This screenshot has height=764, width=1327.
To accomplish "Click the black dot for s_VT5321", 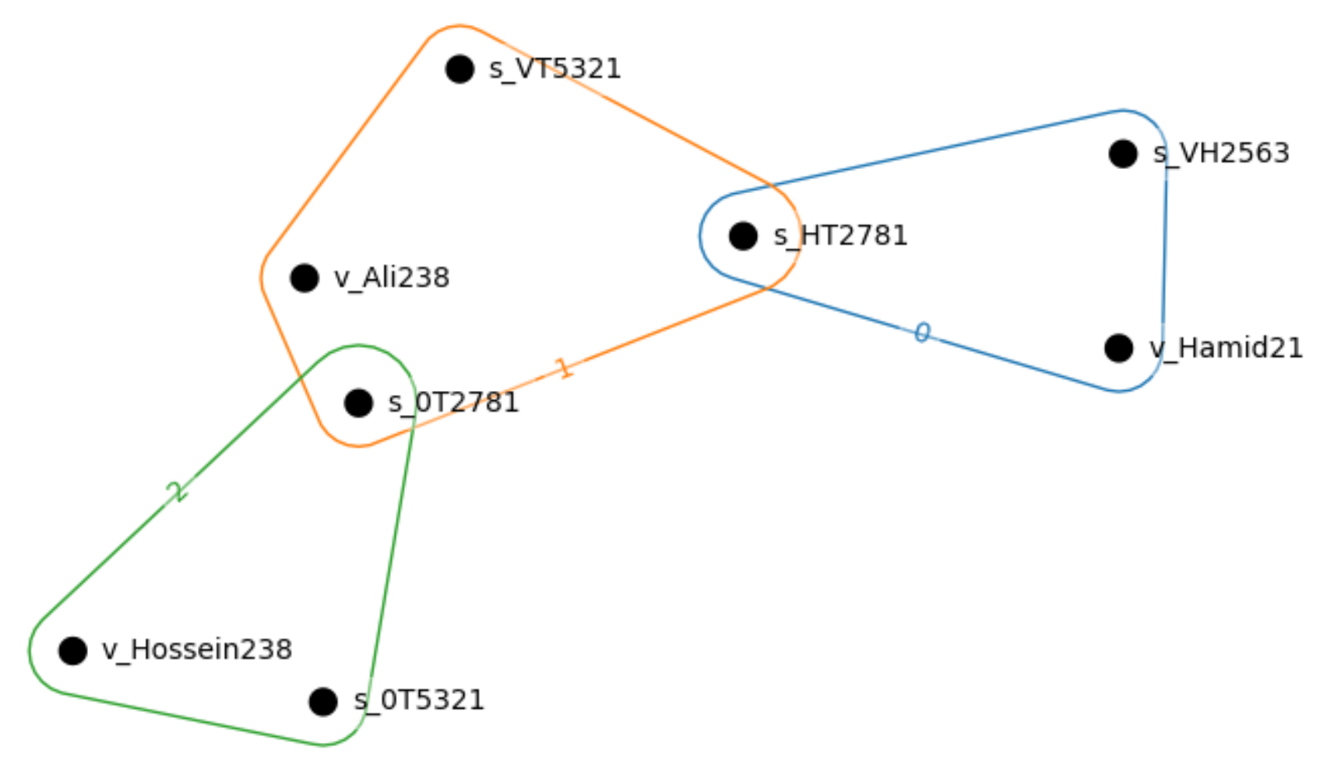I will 459,69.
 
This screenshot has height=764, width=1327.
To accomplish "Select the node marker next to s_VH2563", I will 1122,153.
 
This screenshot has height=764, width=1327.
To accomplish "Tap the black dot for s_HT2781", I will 743,235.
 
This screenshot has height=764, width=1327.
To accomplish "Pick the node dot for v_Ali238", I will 304,277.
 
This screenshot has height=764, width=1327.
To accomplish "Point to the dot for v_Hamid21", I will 1118,347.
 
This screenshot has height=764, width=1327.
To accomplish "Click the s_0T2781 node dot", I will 358,403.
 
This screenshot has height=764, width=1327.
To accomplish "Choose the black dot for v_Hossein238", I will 72,650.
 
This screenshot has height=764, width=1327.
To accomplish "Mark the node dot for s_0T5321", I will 322,701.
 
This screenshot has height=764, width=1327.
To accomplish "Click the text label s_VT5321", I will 554,69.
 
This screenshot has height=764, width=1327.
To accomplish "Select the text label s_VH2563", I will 1221,153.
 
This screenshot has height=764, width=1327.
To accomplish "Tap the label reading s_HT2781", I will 840,235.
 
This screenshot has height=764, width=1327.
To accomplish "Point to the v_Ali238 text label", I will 392,277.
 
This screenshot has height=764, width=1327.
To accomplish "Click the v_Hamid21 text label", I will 1226,347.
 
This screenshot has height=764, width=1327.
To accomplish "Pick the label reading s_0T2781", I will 453,403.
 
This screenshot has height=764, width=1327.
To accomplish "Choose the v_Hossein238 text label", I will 197,650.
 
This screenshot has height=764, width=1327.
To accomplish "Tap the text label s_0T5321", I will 419,700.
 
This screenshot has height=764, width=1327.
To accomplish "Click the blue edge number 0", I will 922,333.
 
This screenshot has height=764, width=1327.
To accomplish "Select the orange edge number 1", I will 562,368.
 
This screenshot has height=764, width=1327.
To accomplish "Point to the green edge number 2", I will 178,491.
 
